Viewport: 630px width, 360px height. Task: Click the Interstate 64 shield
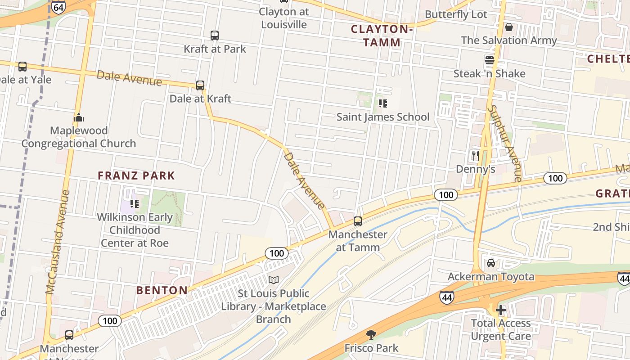tap(58, 7)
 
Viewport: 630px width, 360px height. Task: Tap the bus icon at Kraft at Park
tap(215, 35)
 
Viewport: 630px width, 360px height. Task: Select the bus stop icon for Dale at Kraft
tap(200, 85)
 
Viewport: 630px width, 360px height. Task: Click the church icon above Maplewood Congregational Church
tap(79, 118)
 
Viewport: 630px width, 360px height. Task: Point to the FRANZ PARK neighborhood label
tap(136, 175)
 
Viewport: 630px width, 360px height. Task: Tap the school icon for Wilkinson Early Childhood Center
tap(134, 204)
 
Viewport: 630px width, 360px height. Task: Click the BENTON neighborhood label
tap(162, 290)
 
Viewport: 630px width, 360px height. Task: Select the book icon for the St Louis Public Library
tap(274, 280)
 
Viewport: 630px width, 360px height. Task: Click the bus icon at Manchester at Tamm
tap(358, 221)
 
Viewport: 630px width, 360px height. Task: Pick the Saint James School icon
tap(383, 104)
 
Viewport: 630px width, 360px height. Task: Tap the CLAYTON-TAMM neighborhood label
tap(382, 36)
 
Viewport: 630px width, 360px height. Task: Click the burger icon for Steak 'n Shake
tap(490, 60)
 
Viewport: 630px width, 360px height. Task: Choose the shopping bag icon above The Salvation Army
tap(509, 27)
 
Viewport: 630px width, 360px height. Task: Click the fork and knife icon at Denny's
tap(476, 156)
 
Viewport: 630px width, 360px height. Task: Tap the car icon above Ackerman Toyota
tap(491, 263)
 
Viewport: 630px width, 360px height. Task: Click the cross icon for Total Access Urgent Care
tap(501, 310)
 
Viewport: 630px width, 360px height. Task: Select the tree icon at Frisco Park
tap(371, 335)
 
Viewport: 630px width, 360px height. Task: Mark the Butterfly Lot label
tap(456, 14)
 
